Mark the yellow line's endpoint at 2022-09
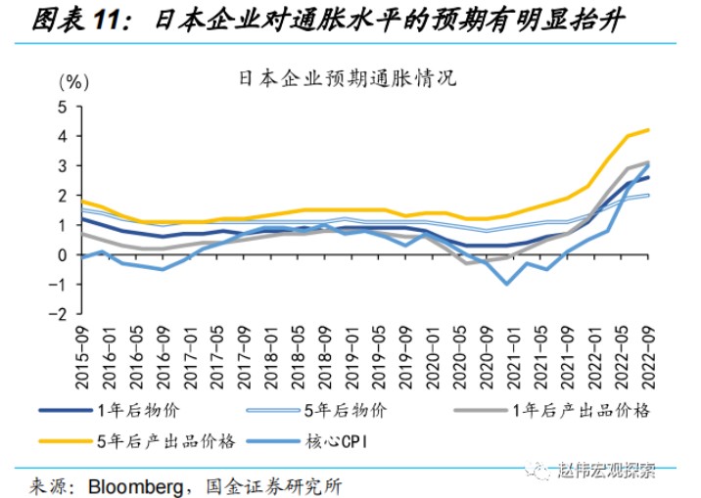pyautogui.click(x=648, y=129)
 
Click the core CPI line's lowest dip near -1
pyautogui.click(x=507, y=284)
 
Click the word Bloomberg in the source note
pyautogui.click(x=132, y=484)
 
